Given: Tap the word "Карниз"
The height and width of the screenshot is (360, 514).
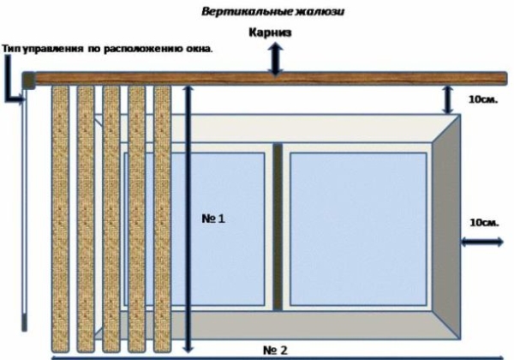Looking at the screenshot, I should [273, 33].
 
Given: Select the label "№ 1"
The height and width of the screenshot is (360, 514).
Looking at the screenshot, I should [213, 219].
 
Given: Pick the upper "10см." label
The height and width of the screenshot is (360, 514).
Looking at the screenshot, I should [483, 99].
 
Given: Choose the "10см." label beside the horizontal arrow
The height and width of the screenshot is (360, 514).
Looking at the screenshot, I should [485, 222].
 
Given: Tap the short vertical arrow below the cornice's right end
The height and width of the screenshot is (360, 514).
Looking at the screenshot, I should [449, 99].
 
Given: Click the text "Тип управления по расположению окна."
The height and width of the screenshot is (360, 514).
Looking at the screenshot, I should [107, 48].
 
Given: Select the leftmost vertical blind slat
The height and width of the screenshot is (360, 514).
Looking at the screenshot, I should [59, 214].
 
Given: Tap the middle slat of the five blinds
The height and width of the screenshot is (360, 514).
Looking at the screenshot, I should [111, 214].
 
